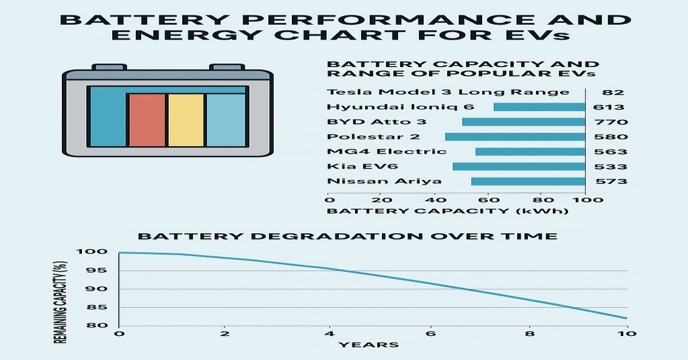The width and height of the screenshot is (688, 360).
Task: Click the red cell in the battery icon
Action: pos(147,120)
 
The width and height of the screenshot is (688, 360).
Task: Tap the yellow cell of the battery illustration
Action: pos(185,120)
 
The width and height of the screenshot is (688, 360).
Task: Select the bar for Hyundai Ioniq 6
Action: pos(539,107)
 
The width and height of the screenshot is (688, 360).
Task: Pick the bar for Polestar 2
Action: pos(514,136)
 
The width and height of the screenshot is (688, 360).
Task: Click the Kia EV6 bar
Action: pos(518,166)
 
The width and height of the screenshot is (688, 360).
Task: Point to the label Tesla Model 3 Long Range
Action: pos(448,92)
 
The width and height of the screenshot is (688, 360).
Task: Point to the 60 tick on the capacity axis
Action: pos(487,200)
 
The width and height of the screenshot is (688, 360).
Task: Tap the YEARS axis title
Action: pos(368,345)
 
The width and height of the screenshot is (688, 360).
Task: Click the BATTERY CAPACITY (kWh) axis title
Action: pos(447,211)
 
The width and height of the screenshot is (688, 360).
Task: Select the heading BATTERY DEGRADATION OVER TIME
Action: pos(347,236)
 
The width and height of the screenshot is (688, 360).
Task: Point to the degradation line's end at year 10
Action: pos(627,318)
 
